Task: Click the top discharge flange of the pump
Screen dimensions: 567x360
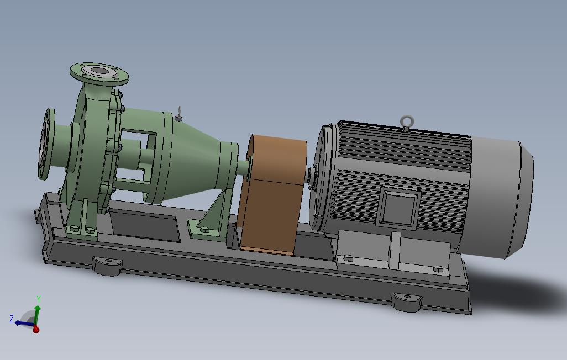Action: (x=99, y=74)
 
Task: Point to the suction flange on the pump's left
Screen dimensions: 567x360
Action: (x=46, y=144)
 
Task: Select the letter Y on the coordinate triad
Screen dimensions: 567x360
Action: (x=39, y=299)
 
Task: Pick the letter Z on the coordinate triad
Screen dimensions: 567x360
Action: (x=12, y=319)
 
